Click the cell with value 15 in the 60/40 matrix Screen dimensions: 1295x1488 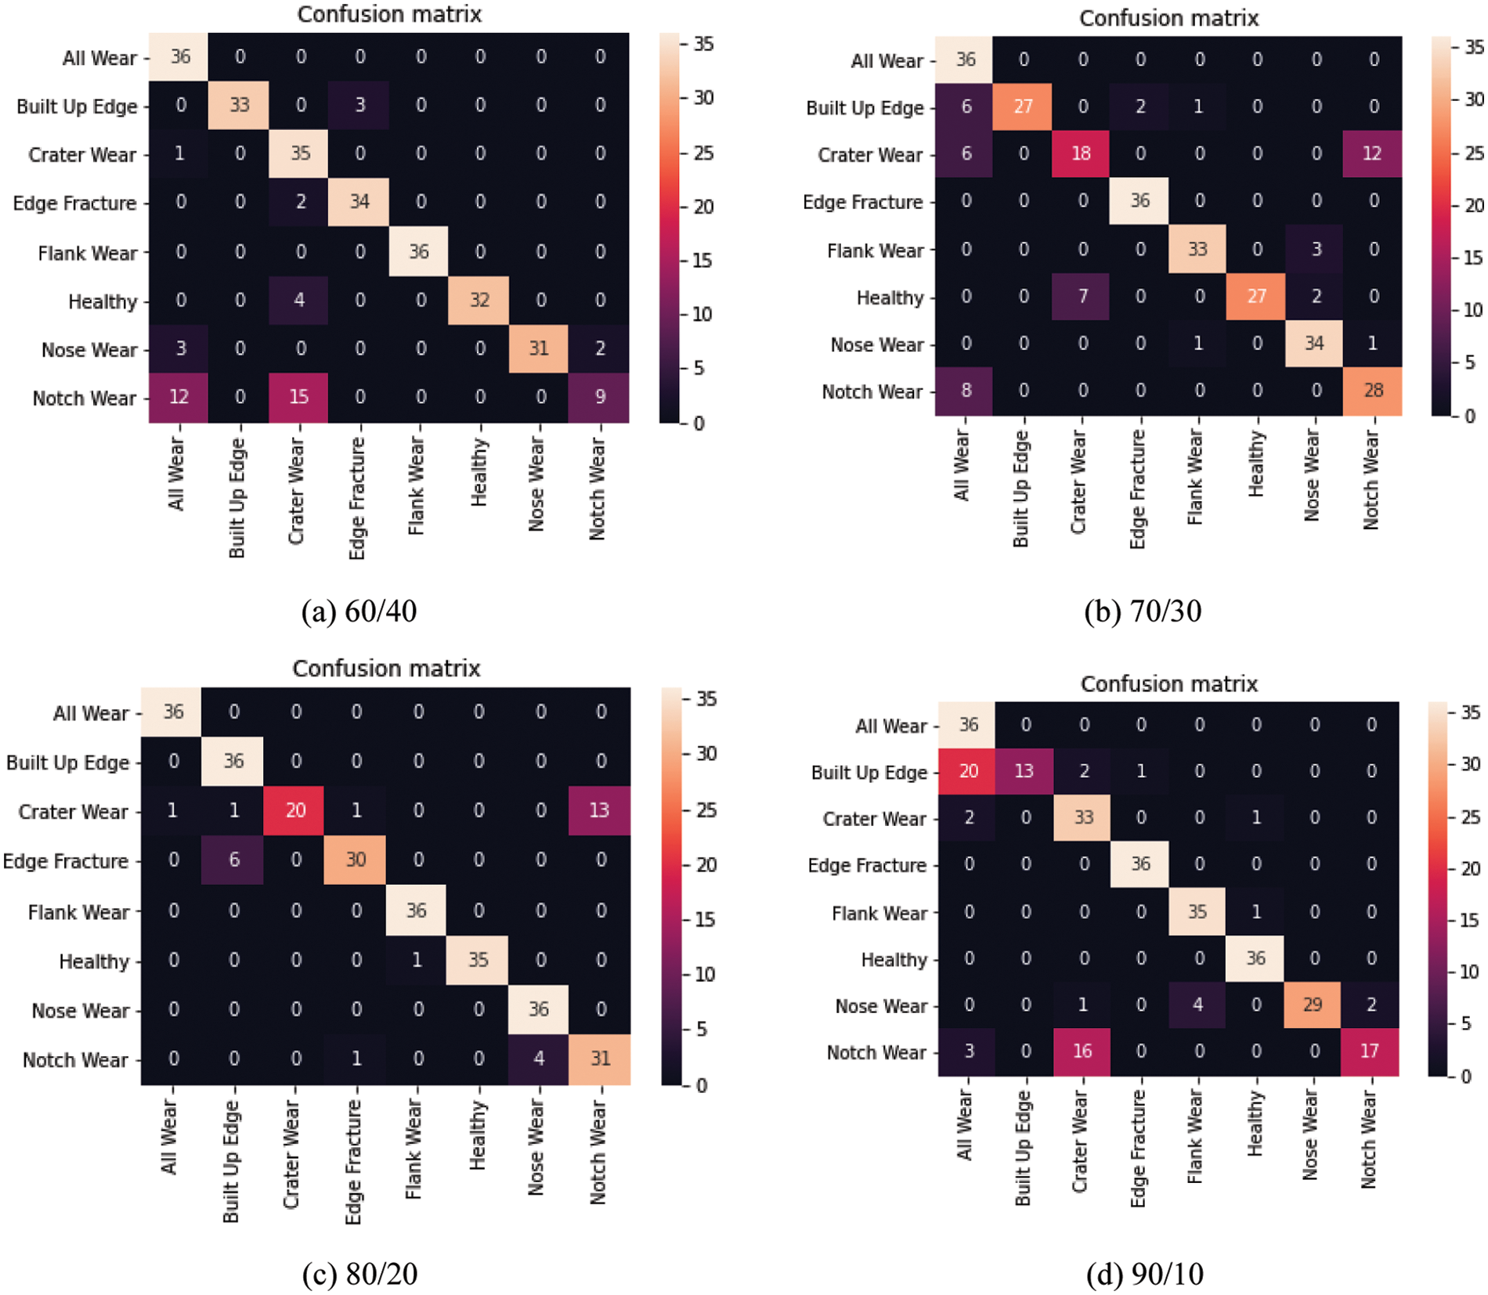[300, 397]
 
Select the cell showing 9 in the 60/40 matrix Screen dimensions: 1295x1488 [600, 397]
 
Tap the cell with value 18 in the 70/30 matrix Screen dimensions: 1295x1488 [1082, 153]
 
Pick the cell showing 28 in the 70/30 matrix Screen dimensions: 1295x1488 [1373, 391]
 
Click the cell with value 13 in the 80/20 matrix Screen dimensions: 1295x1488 [599, 810]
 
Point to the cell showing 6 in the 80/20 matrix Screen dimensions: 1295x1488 [233, 860]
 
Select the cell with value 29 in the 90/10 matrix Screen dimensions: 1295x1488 [1313, 1005]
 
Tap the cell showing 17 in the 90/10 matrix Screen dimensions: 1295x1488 [1370, 1052]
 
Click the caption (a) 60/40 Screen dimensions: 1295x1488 [359, 611]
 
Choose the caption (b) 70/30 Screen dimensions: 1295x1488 [1143, 611]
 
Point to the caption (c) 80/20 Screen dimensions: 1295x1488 [359, 1274]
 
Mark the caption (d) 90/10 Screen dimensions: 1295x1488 [1144, 1274]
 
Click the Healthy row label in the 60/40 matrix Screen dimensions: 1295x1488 [103, 301]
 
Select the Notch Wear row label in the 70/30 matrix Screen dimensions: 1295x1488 [872, 391]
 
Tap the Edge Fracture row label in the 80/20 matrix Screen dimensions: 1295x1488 [66, 861]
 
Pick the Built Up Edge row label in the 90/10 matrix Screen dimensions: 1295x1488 [869, 773]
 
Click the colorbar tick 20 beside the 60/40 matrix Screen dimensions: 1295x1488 [703, 207]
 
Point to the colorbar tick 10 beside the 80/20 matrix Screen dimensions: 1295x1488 [705, 974]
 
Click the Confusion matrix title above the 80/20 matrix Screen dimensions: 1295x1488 [386, 669]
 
